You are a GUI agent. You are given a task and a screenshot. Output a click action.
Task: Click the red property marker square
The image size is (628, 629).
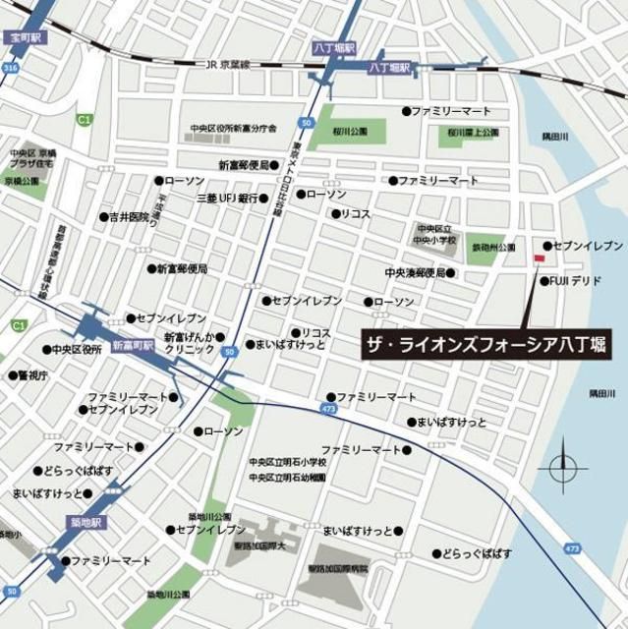click(x=539, y=258)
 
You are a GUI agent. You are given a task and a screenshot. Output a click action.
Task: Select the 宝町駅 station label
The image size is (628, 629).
click(x=24, y=37)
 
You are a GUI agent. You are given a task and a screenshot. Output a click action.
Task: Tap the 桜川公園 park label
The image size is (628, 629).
click(x=349, y=131)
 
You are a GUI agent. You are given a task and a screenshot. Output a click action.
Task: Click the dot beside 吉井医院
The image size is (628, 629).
click(x=102, y=216)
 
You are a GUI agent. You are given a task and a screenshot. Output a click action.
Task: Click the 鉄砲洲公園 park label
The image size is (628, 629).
click(x=493, y=248)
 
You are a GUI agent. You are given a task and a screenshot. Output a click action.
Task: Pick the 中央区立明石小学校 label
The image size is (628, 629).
click(x=287, y=462)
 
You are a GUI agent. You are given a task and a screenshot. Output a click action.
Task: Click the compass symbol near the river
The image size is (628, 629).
click(x=562, y=467)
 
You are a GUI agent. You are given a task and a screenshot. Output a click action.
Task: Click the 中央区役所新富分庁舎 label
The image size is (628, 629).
click(x=234, y=129)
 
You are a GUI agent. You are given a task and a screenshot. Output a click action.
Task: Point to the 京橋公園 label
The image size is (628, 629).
click(x=21, y=182)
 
